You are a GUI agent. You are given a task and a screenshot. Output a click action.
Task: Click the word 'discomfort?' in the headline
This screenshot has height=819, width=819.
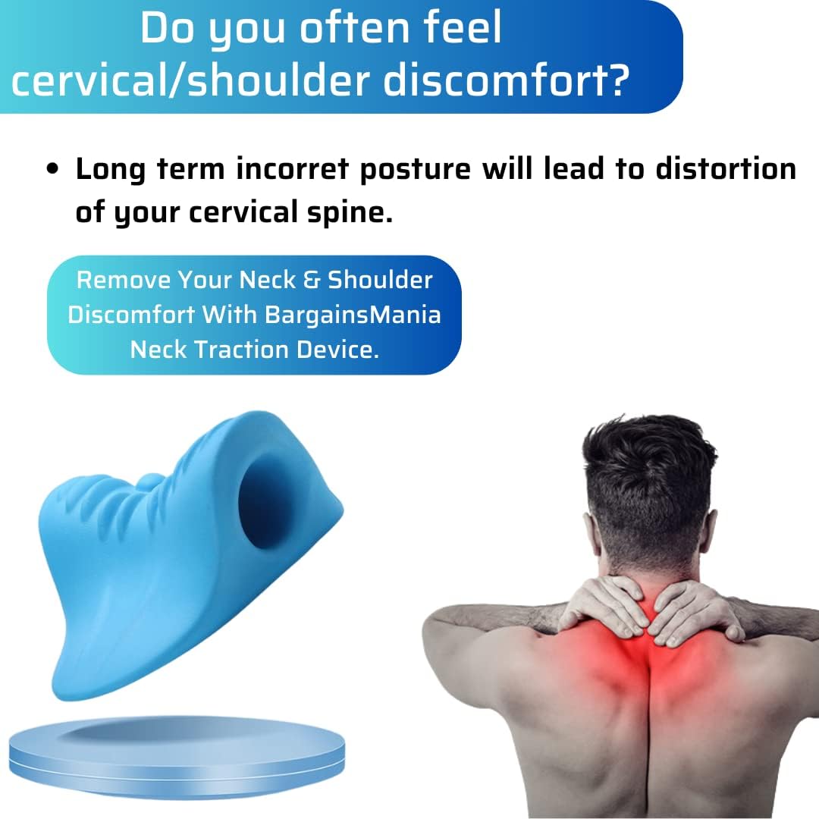tap(506, 80)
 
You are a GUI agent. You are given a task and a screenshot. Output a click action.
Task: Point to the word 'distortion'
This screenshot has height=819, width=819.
tap(726, 168)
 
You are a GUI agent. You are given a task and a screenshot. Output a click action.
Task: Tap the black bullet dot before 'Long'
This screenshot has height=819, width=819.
tap(52, 169)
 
